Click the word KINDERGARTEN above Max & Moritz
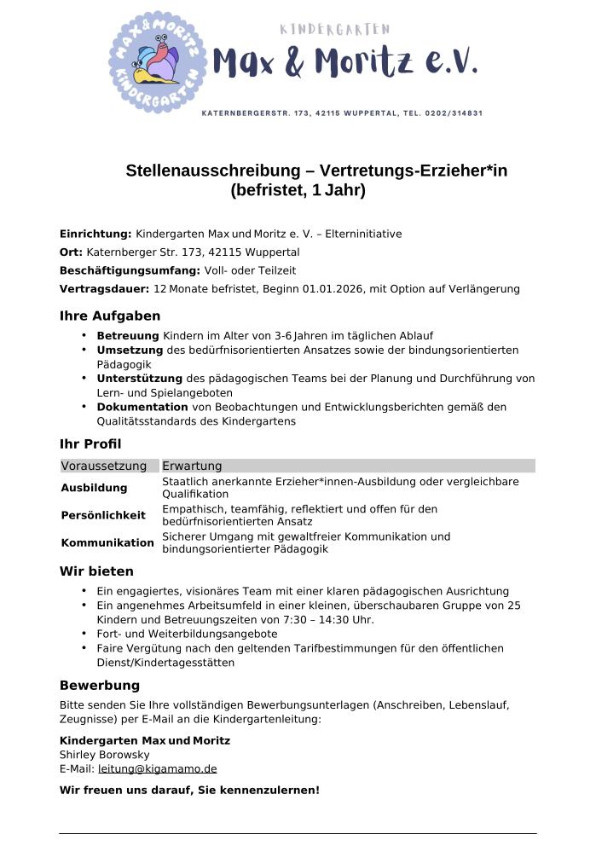tap(335, 30)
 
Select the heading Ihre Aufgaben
tap(110, 316)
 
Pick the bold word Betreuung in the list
tap(128, 336)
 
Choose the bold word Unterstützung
tap(140, 378)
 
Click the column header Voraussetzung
tap(109, 466)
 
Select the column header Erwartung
tap(192, 466)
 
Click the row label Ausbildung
tap(94, 488)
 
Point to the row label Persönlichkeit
tap(103, 515)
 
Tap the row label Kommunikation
tap(107, 542)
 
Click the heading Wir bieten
tap(96, 571)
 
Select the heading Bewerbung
tap(100, 686)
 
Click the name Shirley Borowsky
tap(104, 755)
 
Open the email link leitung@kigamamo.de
tap(157, 768)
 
